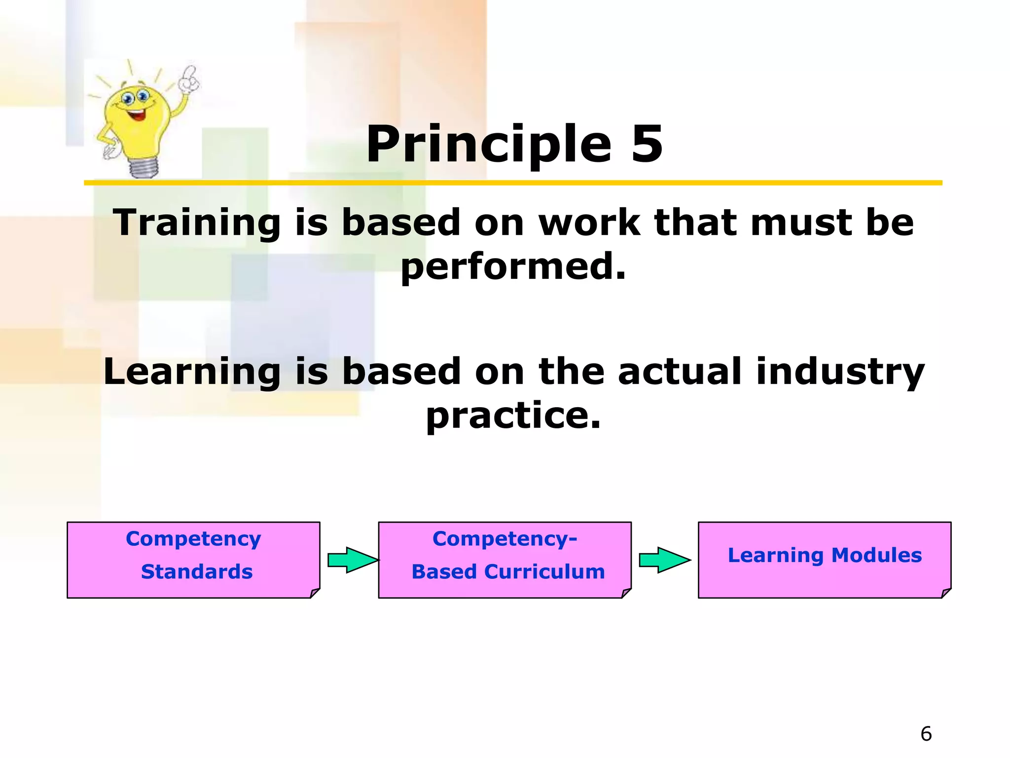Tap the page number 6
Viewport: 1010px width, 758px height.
click(926, 734)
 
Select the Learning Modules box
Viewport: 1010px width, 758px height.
click(824, 560)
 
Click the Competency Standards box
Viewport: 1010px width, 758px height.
click(193, 560)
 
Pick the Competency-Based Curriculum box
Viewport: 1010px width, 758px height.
click(504, 560)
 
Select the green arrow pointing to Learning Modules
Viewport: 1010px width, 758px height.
click(664, 560)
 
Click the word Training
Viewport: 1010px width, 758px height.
click(197, 223)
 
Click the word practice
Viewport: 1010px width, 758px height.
click(513, 416)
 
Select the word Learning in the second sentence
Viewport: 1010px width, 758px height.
click(192, 372)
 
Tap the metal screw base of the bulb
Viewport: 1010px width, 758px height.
click(144, 168)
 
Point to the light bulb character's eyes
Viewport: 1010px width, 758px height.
click(136, 97)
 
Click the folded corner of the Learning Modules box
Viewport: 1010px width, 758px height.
click(945, 593)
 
